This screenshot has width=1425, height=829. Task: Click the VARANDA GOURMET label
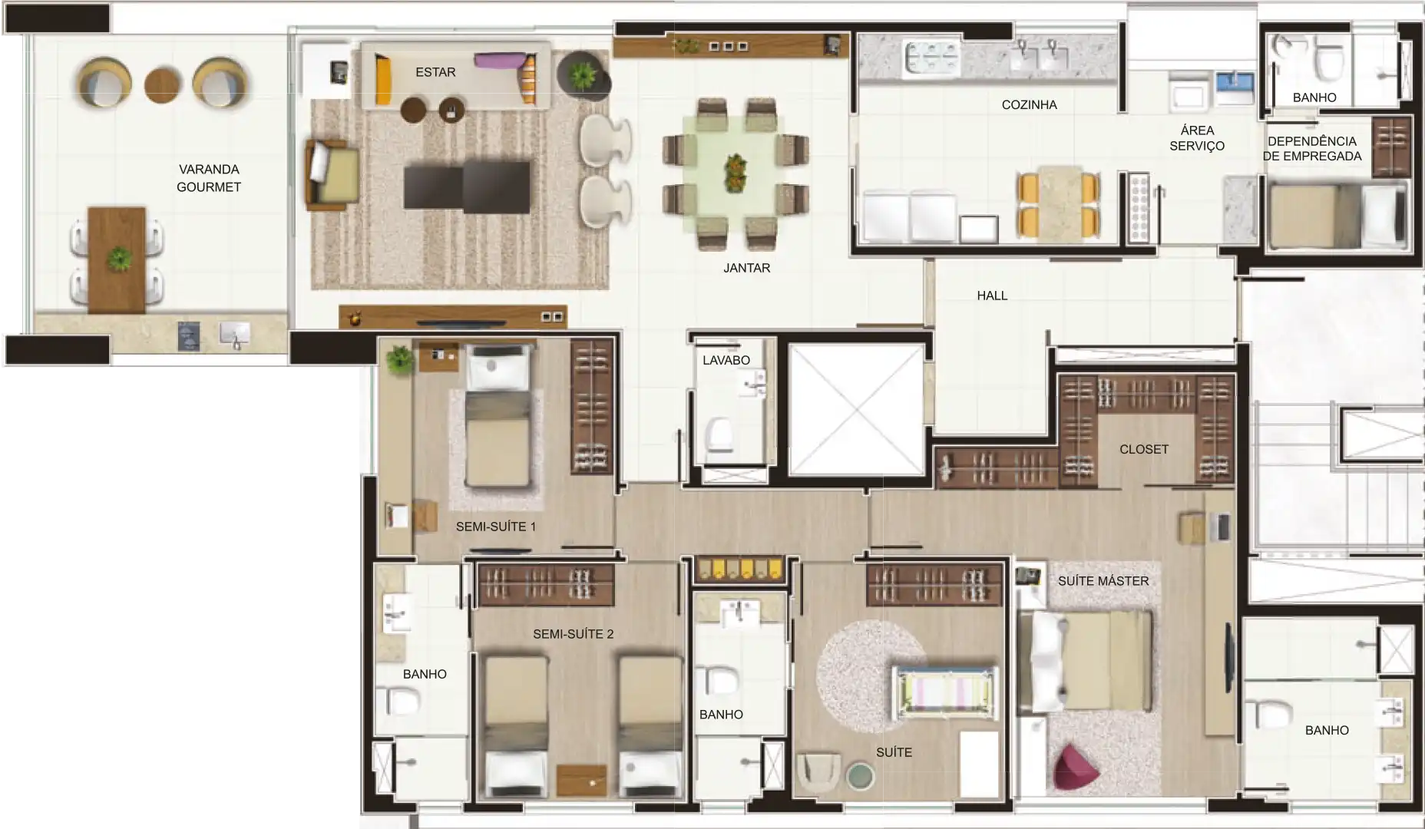pyautogui.click(x=209, y=178)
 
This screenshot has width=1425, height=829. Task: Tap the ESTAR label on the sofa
pyautogui.click(x=435, y=72)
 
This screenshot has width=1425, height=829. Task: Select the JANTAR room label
pyautogui.click(x=746, y=268)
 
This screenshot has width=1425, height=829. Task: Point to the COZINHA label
pyautogui.click(x=1029, y=104)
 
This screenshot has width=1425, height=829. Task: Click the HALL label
pyautogui.click(x=992, y=296)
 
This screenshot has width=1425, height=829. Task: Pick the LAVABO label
pyautogui.click(x=726, y=360)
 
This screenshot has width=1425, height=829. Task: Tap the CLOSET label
pyautogui.click(x=1144, y=449)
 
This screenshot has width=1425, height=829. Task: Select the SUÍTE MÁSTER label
pyautogui.click(x=1103, y=581)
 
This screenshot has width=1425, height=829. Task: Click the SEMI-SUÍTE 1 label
pyautogui.click(x=496, y=527)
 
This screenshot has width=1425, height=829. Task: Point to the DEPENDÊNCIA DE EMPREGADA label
pyautogui.click(x=1312, y=148)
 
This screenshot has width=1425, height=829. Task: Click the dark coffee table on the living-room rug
pyautogui.click(x=467, y=187)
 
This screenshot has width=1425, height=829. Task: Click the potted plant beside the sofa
pyautogui.click(x=583, y=74)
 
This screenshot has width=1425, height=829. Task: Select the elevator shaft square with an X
pyautogui.click(x=855, y=409)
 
